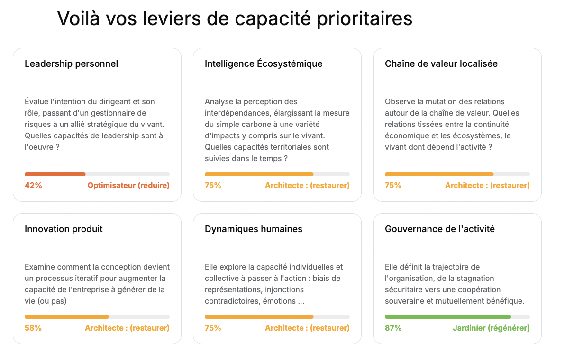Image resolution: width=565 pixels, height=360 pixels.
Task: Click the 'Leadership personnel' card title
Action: click(x=72, y=64)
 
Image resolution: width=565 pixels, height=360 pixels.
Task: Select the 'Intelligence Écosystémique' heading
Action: click(x=264, y=64)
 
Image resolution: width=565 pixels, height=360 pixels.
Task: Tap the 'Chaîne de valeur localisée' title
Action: click(x=441, y=64)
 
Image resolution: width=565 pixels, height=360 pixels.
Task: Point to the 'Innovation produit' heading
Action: click(x=64, y=229)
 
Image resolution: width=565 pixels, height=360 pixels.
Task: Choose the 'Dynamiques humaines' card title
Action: click(x=253, y=229)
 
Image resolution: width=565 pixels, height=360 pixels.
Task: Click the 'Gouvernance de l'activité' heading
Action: click(x=439, y=229)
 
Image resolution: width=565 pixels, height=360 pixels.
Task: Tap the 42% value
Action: click(x=33, y=185)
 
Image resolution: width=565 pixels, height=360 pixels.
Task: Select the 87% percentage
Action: click(x=393, y=328)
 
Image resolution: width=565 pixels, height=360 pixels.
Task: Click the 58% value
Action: click(x=33, y=328)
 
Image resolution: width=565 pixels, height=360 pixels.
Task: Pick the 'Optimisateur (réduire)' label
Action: click(x=128, y=185)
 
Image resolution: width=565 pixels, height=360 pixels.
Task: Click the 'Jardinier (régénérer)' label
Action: click(x=491, y=328)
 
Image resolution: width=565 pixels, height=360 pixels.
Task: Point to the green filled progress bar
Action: click(x=448, y=317)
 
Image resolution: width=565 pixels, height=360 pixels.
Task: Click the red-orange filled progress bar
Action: click(x=55, y=174)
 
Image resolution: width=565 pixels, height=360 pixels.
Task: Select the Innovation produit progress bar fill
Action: click(x=67, y=317)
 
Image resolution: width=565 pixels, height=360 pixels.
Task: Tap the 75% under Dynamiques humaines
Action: click(x=213, y=328)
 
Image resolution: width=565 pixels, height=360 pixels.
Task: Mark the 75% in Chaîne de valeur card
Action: click(x=393, y=185)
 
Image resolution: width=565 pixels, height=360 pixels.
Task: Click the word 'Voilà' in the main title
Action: click(x=78, y=18)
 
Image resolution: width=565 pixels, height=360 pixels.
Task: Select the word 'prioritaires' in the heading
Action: click(x=365, y=19)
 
